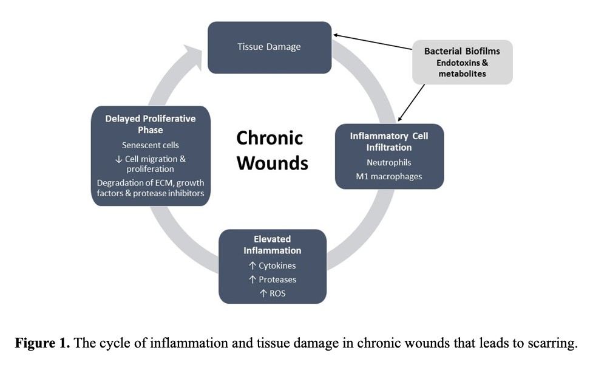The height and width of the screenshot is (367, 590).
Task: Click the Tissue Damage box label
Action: [269, 47]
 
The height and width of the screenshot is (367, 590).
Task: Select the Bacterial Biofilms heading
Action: [461, 52]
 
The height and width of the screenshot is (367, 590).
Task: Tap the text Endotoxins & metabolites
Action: [462, 68]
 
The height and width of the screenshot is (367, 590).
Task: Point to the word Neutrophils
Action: [389, 163]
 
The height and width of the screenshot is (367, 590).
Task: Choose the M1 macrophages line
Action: [389, 176]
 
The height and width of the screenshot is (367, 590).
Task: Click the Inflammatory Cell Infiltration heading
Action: [389, 142]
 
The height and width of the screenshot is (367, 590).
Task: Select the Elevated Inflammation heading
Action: [272, 245]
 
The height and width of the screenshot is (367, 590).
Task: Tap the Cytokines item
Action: [272, 266]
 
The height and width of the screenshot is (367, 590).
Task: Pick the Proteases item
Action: [272, 280]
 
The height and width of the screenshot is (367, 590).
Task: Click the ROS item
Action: [272, 293]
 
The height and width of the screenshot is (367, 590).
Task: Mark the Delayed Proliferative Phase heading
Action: [150, 124]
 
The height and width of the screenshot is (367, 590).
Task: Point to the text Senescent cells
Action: [150, 145]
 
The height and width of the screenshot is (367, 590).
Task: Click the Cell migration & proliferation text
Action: [150, 164]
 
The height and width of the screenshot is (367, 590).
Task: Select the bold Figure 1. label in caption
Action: [42, 343]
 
